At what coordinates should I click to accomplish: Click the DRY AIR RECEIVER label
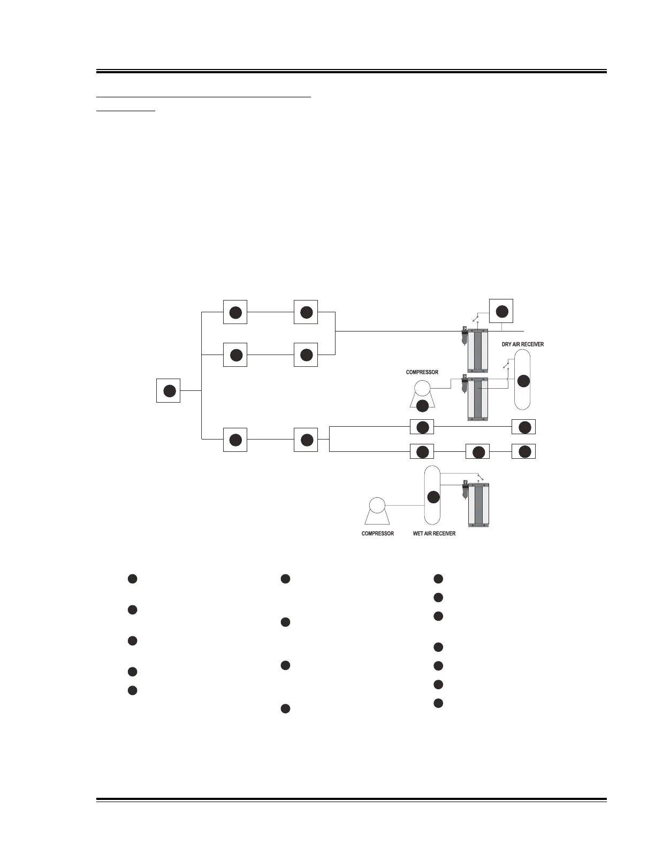point(522,344)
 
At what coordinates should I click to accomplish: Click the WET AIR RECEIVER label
point(434,534)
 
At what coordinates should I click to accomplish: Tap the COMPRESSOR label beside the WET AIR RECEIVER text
point(378,534)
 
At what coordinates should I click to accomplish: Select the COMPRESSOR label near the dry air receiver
point(422,372)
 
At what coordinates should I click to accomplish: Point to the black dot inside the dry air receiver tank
point(523,381)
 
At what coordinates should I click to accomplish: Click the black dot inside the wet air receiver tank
point(433,497)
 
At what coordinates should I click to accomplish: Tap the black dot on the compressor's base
point(422,405)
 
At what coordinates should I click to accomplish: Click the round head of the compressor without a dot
point(377,505)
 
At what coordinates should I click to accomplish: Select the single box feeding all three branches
point(169,390)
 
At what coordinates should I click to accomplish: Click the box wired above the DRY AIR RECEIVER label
point(501,311)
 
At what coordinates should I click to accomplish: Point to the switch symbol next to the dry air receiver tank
point(506,365)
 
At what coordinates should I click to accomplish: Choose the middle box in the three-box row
point(478,452)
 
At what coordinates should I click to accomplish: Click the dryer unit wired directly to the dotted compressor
point(478,398)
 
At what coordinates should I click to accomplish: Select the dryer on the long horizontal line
point(478,350)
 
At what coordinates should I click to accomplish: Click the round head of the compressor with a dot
point(422,388)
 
